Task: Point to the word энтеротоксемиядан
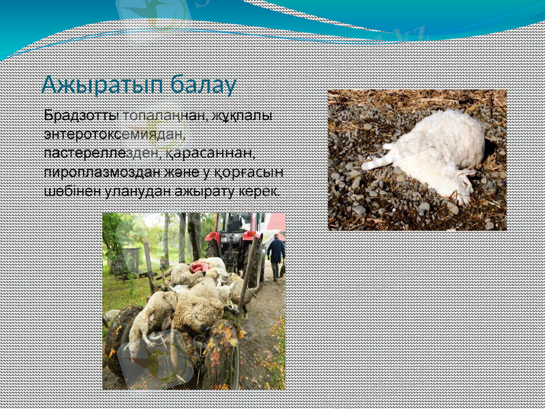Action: tap(116, 133)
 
